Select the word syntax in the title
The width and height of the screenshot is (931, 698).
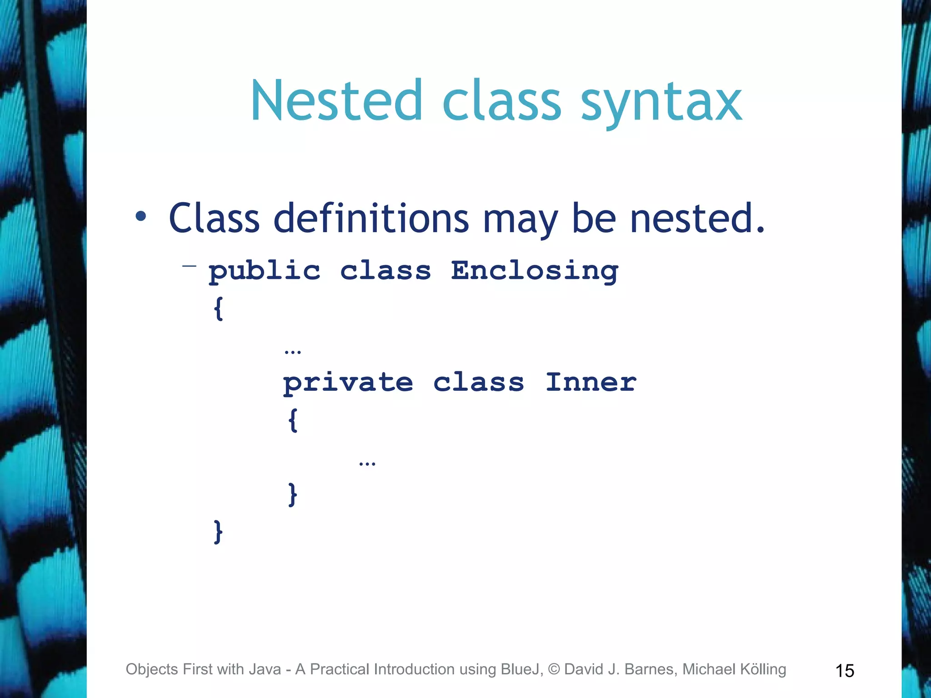coord(661,103)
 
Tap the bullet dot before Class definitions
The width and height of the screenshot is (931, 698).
coord(141,216)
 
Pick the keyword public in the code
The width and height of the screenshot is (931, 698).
coord(265,272)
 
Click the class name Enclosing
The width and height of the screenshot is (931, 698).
coord(535,272)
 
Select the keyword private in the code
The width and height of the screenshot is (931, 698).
coord(348,383)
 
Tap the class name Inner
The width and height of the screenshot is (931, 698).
coord(591,382)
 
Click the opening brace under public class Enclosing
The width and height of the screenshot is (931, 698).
coord(219,309)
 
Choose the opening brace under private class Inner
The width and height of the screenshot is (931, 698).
coord(293,420)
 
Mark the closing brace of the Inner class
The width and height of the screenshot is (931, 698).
coord(293,494)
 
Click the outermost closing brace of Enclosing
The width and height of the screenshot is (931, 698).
coord(219,532)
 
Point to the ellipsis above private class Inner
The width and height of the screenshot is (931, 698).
coord(292,352)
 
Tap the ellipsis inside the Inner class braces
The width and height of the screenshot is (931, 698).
coord(367,464)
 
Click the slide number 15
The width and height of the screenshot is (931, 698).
coord(845,671)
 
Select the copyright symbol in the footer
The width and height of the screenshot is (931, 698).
coord(554,669)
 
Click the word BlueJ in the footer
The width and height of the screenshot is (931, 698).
coord(521,669)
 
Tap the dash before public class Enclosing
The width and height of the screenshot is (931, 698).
coord(189,266)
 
